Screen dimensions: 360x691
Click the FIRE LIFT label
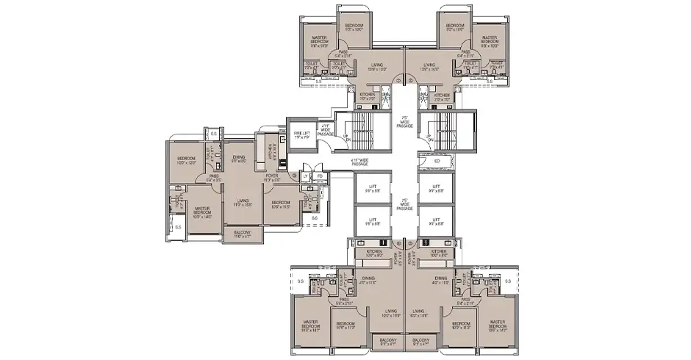pos(301,133)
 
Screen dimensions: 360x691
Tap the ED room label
pos(437,161)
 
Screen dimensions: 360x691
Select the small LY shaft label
pos(306,176)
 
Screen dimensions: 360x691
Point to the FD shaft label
pos(320,176)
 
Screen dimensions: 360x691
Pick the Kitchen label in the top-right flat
pos(441,96)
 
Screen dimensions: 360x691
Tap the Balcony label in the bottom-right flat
pos(420,341)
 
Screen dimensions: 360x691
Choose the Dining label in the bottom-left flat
pos(368,280)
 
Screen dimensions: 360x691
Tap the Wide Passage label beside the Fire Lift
pos(326,131)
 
